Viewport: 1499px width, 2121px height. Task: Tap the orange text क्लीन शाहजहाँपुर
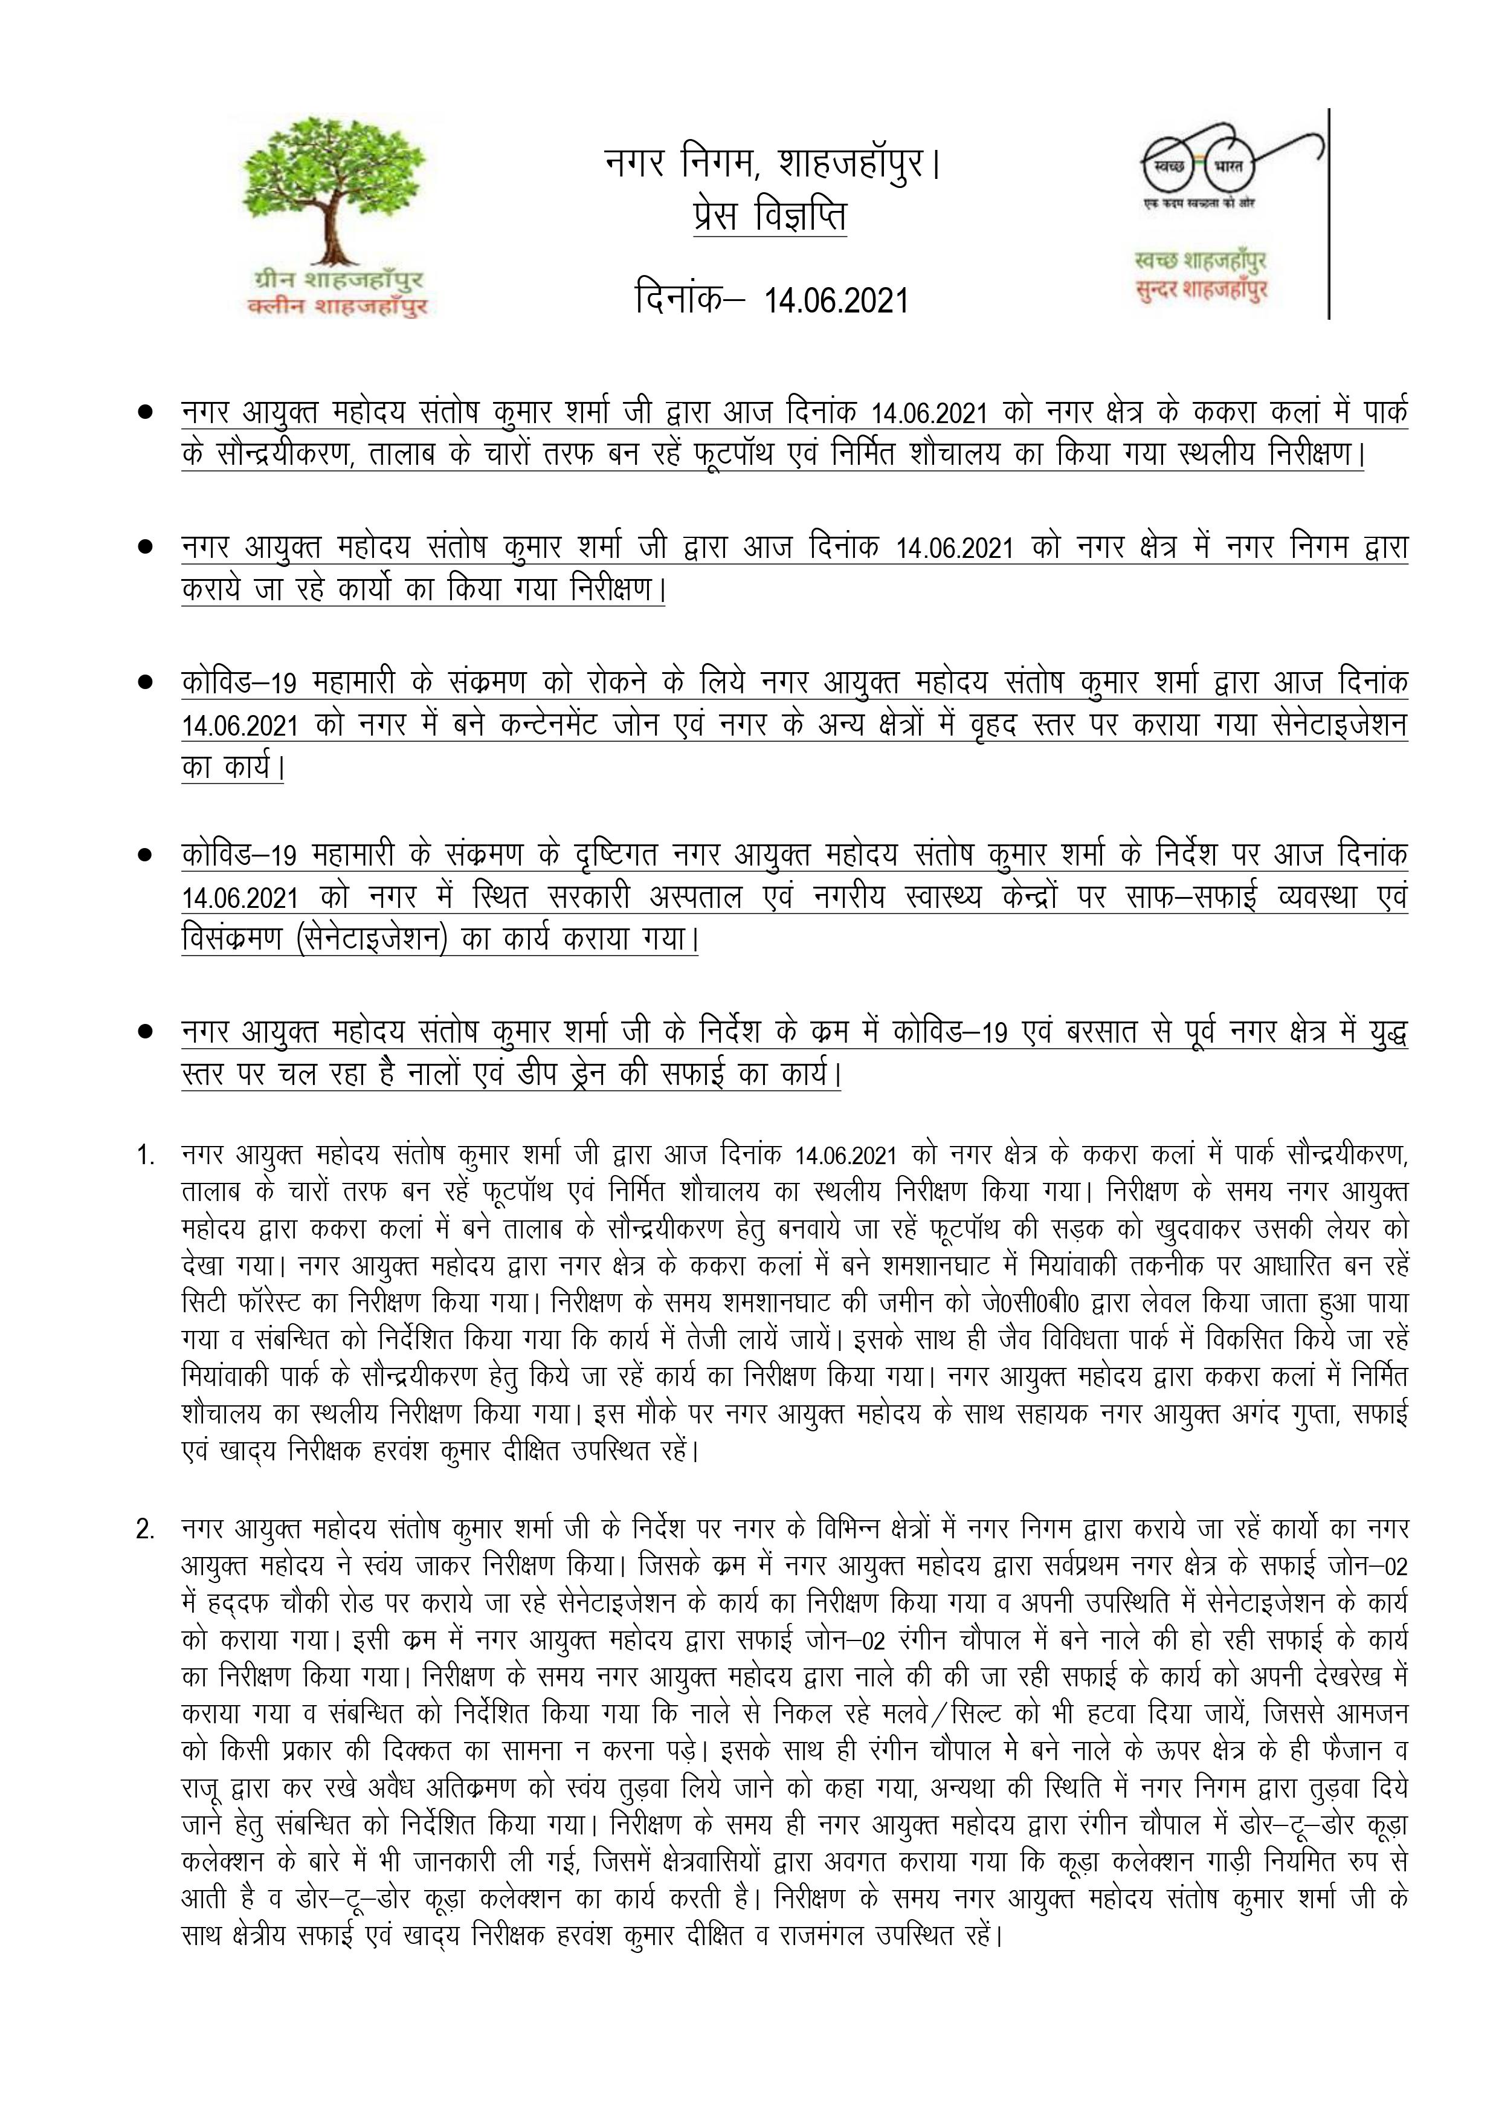pos(338,306)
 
